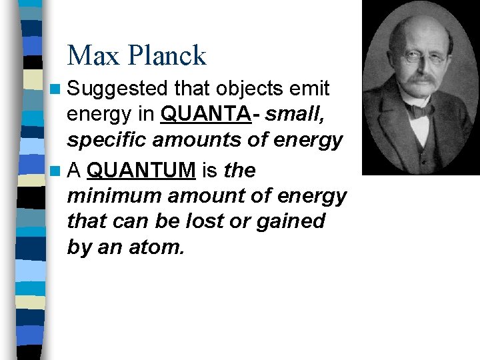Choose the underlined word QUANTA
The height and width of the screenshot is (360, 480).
(x=206, y=115)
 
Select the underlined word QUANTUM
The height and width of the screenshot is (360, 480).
(x=141, y=171)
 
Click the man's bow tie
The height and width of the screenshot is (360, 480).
(x=419, y=109)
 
